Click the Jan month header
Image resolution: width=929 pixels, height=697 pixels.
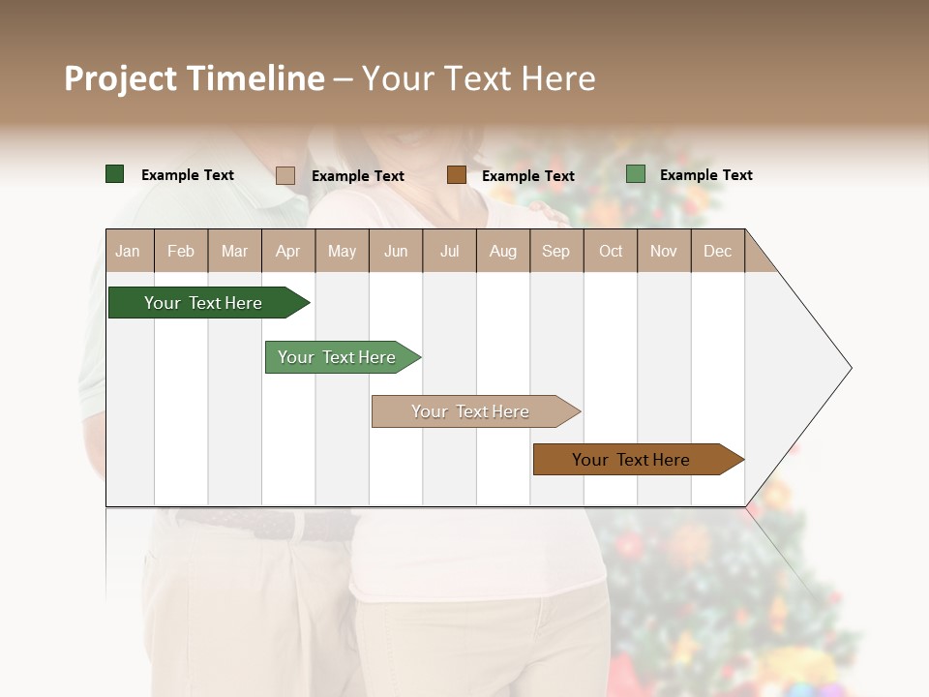[129, 251]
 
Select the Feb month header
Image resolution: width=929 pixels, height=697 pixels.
[181, 251]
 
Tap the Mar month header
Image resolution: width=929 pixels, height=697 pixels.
[234, 251]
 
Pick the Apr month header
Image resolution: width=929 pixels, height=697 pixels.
[288, 251]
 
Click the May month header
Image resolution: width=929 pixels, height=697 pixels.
[342, 251]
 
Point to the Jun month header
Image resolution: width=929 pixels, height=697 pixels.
[396, 251]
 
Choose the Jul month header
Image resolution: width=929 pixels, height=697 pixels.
[449, 251]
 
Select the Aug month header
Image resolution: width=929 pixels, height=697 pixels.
[503, 251]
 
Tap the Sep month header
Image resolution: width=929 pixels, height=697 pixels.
[556, 251]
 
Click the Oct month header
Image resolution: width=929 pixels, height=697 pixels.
[611, 251]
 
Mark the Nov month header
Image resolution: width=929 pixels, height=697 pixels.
[664, 251]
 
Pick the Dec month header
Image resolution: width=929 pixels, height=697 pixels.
[718, 251]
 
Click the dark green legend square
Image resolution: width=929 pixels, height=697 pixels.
[115, 174]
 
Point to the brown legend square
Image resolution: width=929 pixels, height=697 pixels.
[457, 175]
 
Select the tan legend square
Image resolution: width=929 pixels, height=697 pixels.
[285, 175]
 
